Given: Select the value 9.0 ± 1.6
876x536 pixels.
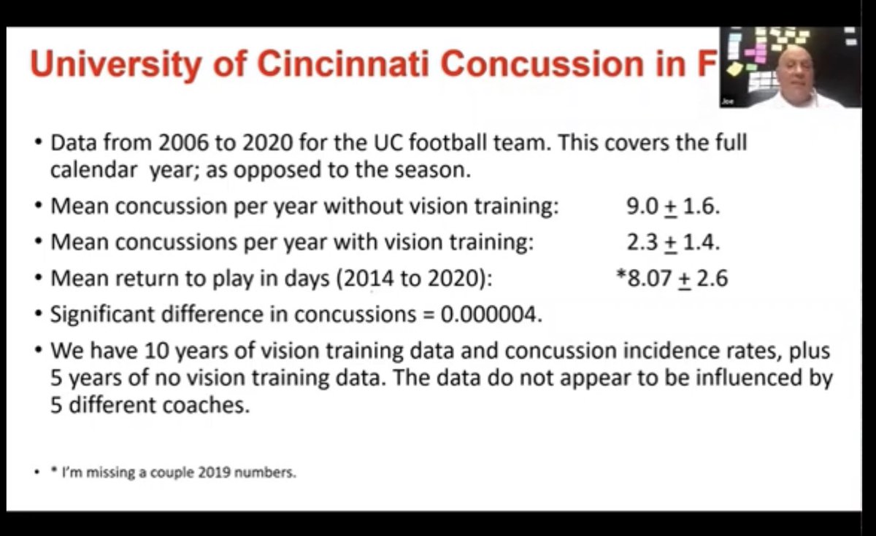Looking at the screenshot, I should coord(673,206).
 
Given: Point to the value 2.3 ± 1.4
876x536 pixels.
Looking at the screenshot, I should coord(673,242).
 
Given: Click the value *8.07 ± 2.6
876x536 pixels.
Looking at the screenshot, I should coord(672,278).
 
